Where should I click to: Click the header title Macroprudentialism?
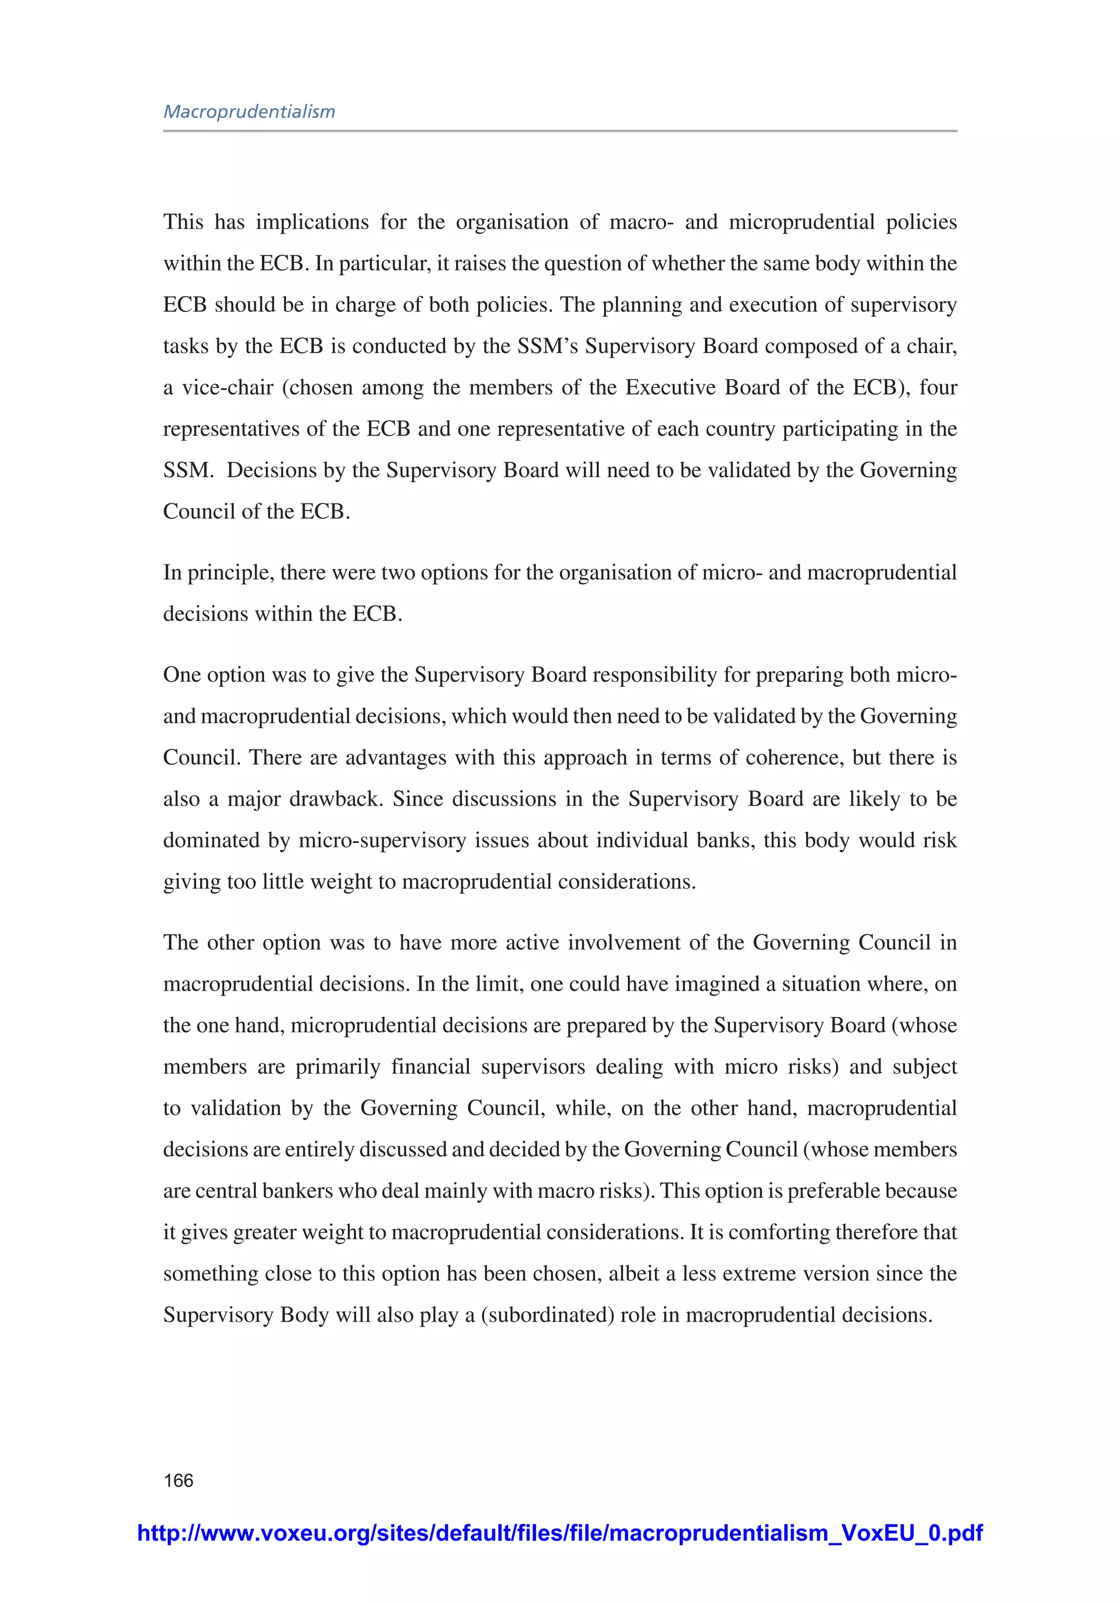pos(249,112)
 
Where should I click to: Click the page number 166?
pos(179,1480)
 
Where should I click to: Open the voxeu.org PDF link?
pos(559,1533)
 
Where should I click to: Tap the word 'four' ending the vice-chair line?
pos(938,387)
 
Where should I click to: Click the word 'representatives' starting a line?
pos(232,429)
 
